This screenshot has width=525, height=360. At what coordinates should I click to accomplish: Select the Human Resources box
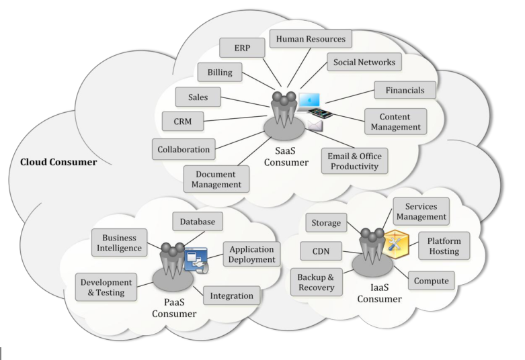pos(311,40)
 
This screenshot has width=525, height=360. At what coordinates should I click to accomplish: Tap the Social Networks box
pos(364,62)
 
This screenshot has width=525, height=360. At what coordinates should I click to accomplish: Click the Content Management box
pos(399,121)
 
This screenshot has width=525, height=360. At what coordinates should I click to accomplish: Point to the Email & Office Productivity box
pos(354,161)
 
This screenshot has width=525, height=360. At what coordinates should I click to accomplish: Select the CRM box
pos(184,122)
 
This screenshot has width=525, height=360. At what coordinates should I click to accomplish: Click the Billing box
pos(219,72)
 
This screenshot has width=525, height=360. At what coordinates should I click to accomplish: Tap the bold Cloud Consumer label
pos(58,162)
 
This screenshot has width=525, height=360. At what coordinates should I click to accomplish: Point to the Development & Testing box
pos(106,286)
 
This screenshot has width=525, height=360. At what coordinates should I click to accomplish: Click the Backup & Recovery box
pos(316,281)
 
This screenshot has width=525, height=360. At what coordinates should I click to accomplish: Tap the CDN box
pos(321,253)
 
